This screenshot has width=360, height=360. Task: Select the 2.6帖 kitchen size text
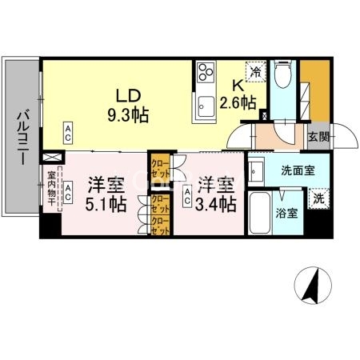coord(238,102)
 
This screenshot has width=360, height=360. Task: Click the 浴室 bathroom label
coord(288,214)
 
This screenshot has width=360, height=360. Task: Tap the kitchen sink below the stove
coord(205,103)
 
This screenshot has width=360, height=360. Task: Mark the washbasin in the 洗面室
coord(257,171)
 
